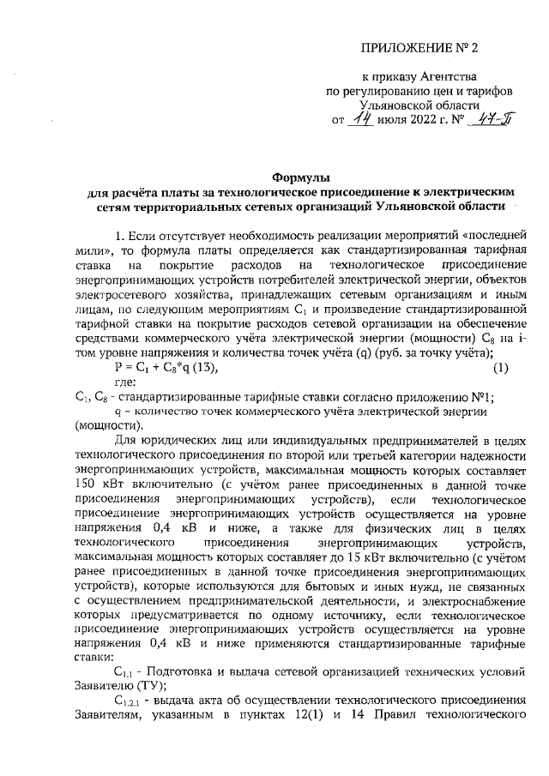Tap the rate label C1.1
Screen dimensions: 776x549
click(x=124, y=653)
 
